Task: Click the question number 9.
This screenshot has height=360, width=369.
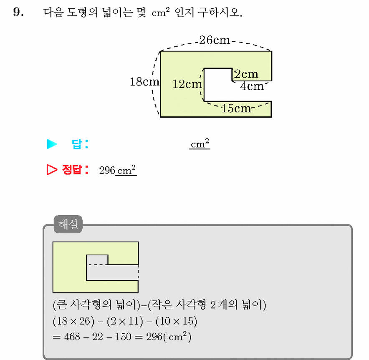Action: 18,12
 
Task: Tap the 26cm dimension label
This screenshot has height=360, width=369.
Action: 215,40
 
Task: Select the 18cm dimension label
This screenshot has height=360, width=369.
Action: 144,82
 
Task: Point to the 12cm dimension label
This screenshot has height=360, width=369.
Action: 187,84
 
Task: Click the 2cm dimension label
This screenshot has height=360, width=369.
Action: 246,74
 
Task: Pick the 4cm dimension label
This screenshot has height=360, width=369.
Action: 252,86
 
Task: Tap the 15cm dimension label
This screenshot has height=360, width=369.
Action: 236,108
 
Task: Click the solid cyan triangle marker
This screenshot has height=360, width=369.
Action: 52,144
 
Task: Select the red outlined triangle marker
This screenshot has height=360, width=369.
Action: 52,169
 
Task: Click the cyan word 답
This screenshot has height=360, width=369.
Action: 77,144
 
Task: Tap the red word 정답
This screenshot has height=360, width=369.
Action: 72,169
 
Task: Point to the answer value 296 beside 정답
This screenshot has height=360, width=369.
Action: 107,171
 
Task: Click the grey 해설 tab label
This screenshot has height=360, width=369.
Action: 68,224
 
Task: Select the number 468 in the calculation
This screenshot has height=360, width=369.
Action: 72,337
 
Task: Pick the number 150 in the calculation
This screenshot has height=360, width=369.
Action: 123,337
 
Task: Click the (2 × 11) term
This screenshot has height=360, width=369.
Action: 125,321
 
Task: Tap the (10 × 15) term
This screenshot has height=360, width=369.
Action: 176,321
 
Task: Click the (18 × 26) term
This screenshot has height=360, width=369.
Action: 73,321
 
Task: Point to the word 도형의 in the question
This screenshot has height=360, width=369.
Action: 82,12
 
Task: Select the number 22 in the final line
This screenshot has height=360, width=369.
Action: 97,337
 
